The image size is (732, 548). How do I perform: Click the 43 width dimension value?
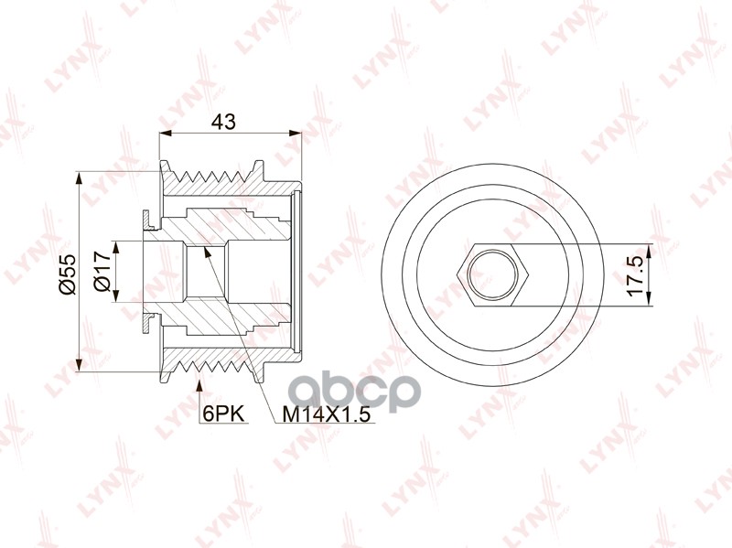[223, 122]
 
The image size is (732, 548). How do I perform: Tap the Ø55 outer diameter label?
[67, 274]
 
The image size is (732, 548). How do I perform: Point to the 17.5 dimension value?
[636, 272]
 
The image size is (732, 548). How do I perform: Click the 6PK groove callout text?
[224, 414]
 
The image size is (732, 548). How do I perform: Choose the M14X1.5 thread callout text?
[327, 414]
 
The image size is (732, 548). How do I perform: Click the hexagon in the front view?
[493, 275]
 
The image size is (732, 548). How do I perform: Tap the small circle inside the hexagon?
[493, 275]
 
